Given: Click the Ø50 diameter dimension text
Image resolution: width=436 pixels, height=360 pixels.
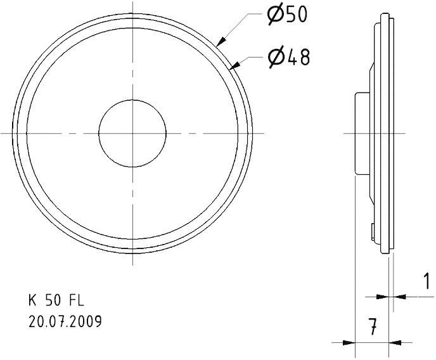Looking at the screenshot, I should point(286,15).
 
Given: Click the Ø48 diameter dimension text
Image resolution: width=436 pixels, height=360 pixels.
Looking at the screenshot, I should point(288,58).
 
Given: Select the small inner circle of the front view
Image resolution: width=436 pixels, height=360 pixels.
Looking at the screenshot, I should point(132,133).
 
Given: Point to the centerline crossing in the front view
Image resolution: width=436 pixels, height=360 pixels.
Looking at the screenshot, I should point(132,133).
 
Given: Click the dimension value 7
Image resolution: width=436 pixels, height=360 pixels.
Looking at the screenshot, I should point(374,328).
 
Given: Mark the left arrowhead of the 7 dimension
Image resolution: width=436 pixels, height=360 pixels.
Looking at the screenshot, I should point(349,343).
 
